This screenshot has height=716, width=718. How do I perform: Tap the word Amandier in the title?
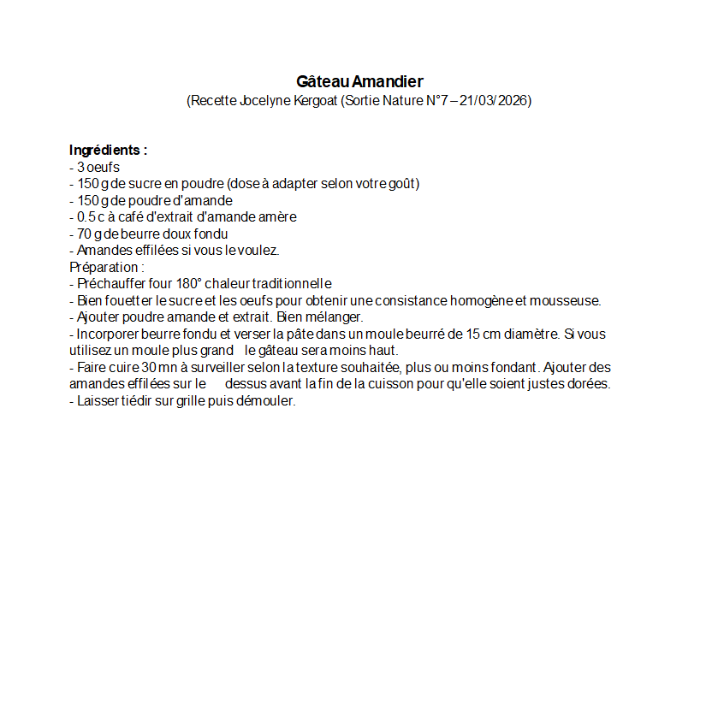coord(388,82)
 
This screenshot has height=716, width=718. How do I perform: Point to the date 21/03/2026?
coord(494,101)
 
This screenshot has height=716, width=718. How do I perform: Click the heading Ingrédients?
coord(108,150)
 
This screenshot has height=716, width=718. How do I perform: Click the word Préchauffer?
coord(111,284)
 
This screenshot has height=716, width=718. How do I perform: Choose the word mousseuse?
coord(565,300)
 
